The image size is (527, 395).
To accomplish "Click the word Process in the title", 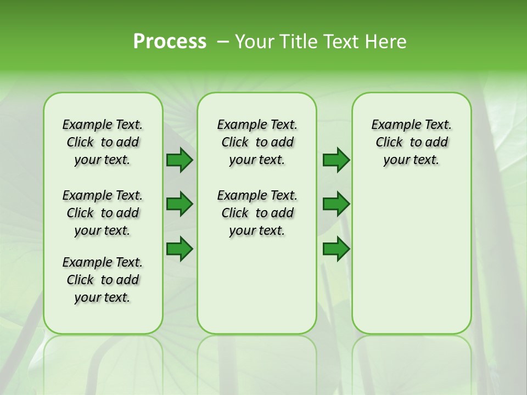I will [x=170, y=42].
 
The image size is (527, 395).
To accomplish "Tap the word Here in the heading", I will [x=386, y=42].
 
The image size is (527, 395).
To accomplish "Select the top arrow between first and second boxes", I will [x=180, y=160].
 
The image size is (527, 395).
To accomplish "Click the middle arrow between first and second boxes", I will [x=180, y=205].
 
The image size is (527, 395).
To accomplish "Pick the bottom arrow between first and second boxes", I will [x=180, y=249].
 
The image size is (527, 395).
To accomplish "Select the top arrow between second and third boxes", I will [x=336, y=160].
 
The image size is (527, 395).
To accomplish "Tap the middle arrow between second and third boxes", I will [x=336, y=205].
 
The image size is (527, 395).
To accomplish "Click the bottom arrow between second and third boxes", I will [x=336, y=249].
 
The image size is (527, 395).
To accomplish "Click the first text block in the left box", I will [x=103, y=142].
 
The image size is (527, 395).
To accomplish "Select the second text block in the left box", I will [x=103, y=213].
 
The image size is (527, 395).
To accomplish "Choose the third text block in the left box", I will [x=103, y=280].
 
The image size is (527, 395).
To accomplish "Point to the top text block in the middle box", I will [x=257, y=142].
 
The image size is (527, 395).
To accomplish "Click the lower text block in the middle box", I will [x=257, y=213].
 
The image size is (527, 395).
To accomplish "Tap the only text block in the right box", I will [x=411, y=142].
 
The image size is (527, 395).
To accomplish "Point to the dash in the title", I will [x=223, y=42].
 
